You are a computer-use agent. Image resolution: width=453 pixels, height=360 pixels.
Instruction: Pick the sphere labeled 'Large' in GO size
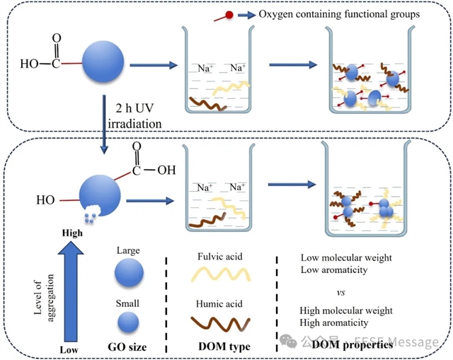tap(128, 273)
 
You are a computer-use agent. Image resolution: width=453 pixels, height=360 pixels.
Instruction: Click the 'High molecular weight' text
tap(346, 310)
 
